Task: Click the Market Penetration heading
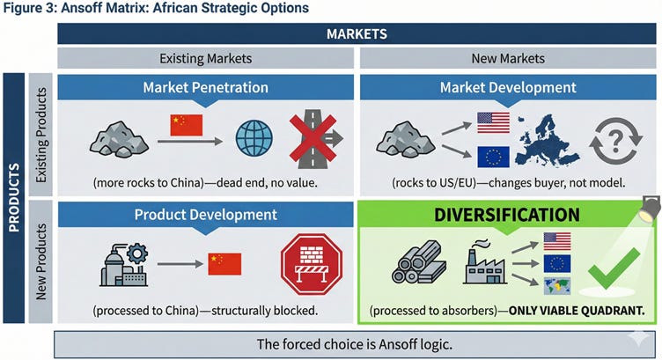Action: pos(205,88)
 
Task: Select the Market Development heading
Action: pos(509,88)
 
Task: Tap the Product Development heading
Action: pos(205,215)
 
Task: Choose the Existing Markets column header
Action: pos(205,58)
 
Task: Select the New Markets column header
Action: pos(509,58)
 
